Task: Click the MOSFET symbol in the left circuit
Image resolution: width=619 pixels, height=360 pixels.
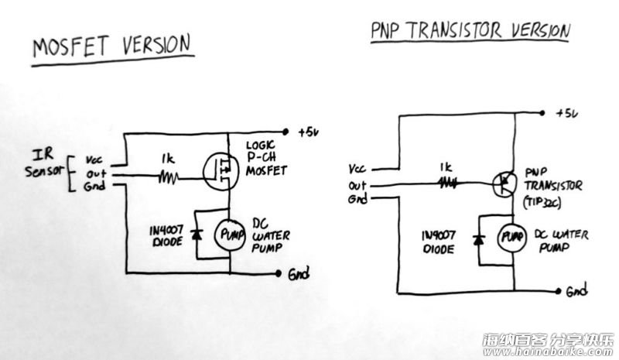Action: point(221,172)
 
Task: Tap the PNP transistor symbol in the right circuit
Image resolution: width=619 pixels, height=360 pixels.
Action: point(504,183)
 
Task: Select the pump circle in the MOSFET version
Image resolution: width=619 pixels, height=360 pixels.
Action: point(230,235)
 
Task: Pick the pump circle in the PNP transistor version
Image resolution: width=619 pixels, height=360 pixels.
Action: point(512,237)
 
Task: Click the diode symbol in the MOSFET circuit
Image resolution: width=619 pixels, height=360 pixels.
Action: point(197,235)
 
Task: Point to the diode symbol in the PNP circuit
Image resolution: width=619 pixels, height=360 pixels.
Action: point(479,239)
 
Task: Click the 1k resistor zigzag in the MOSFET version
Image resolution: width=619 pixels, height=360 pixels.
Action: point(168,178)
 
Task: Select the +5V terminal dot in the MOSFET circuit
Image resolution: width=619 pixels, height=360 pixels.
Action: point(286,132)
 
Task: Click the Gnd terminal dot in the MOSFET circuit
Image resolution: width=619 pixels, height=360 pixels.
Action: point(279,273)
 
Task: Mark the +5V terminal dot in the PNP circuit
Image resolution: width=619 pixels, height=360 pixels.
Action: point(542,113)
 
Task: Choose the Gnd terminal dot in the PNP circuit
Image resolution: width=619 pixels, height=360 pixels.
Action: point(558,292)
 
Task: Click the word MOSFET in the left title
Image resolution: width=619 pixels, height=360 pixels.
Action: point(70,46)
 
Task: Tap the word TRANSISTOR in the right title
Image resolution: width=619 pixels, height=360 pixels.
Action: point(453,30)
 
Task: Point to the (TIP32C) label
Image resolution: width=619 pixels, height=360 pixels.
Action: point(542,202)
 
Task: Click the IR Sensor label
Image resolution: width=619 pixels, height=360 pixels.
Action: point(44,163)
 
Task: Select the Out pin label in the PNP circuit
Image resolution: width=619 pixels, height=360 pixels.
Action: point(357,185)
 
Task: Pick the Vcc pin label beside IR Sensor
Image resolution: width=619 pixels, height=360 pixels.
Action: point(94,159)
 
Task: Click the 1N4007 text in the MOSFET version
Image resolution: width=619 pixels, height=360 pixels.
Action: point(166,230)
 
